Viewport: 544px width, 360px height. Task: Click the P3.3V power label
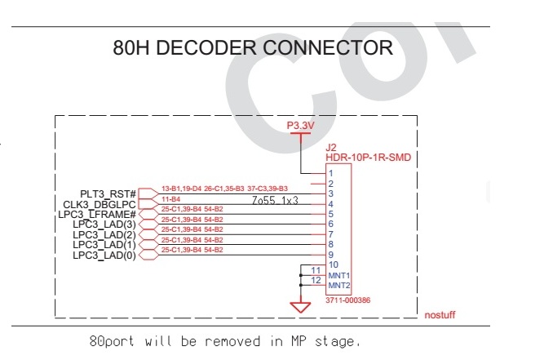coord(300,126)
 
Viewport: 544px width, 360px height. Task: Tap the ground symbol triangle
coord(300,307)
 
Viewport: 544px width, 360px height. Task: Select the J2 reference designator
coord(330,148)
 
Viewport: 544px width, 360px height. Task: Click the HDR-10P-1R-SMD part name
coord(368,158)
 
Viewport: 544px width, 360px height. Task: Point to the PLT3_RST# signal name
coord(108,193)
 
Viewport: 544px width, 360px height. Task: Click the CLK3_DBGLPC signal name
coord(100,204)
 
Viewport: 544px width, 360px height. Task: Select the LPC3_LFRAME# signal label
coord(97,214)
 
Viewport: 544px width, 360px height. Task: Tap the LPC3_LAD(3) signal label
coord(104,224)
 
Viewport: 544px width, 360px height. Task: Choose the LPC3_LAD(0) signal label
coord(104,256)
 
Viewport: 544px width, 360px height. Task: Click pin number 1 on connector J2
coord(331,173)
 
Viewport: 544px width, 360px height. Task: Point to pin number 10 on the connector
coord(334,264)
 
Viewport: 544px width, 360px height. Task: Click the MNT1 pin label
coord(339,275)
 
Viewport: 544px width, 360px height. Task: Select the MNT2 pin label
coord(339,286)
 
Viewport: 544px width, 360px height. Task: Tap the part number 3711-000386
coord(347,300)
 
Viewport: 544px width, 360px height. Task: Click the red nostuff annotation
coord(440,315)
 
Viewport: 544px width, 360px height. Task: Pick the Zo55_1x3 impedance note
coord(275,200)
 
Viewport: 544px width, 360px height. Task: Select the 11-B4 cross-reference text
coord(170,199)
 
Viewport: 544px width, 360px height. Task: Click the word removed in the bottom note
coord(232,341)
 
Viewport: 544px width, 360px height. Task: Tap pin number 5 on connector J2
coord(331,214)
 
